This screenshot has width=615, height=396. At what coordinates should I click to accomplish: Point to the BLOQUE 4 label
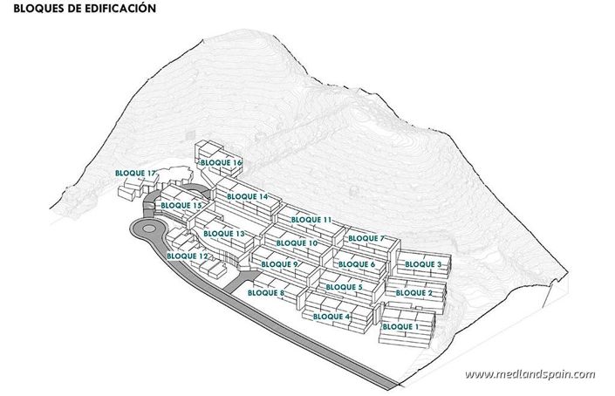[331, 316]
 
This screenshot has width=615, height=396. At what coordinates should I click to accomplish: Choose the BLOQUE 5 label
[343, 287]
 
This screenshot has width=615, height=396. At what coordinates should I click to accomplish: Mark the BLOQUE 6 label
[356, 263]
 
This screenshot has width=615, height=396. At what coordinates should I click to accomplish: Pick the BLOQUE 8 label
[267, 293]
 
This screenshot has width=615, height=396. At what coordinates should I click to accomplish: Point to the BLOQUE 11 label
[311, 219]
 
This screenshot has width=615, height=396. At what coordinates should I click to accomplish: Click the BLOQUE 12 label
[187, 256]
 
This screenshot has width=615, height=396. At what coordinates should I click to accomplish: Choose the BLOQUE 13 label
[224, 234]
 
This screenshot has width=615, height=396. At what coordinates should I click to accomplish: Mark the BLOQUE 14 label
[247, 197]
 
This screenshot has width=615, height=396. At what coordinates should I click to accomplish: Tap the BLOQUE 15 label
[182, 205]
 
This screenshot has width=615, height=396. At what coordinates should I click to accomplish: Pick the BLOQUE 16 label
[221, 163]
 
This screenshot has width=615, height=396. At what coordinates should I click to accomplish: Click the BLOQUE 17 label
[136, 174]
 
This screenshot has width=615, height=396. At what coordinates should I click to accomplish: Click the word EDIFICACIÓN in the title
[116, 10]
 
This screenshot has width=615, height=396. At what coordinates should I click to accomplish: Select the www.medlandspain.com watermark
[530, 374]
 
